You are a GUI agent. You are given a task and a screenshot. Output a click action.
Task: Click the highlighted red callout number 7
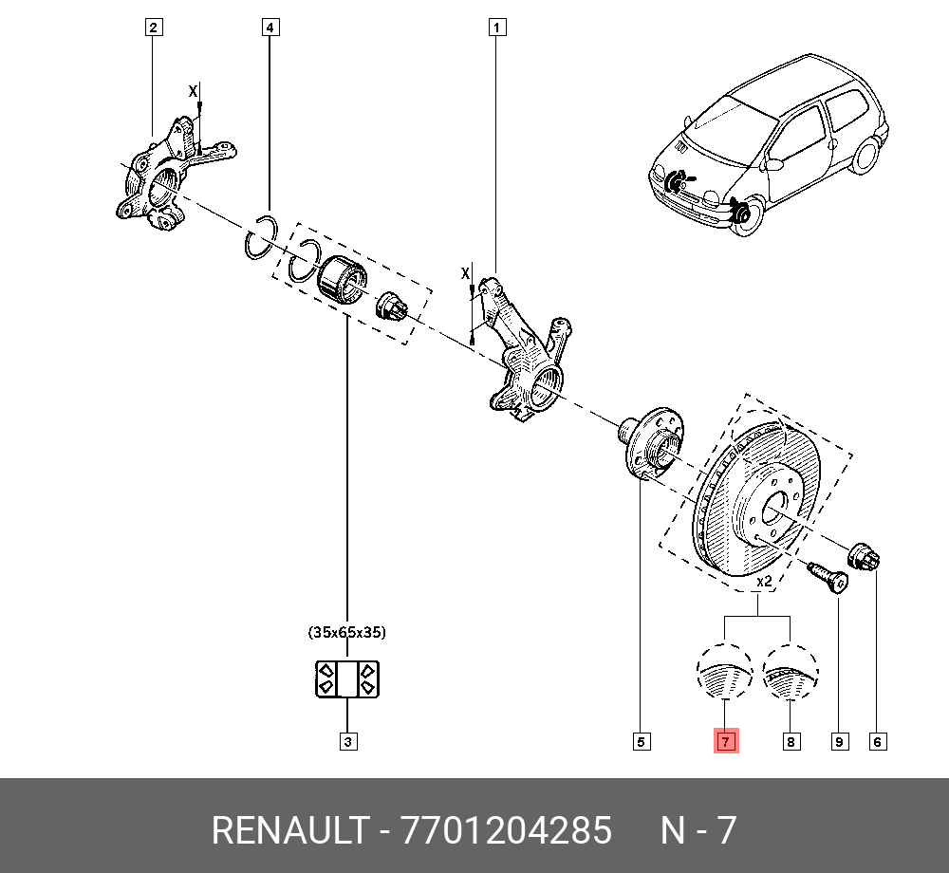click(x=725, y=741)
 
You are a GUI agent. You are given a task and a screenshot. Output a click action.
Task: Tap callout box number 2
click(x=153, y=28)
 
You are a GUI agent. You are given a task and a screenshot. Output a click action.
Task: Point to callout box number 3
click(x=347, y=741)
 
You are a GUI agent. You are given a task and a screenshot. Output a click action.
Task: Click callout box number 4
click(x=270, y=28)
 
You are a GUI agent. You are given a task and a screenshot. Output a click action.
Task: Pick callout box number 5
click(x=642, y=741)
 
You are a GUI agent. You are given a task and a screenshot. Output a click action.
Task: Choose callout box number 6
click(x=878, y=741)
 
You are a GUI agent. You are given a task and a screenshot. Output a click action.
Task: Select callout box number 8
click(x=791, y=741)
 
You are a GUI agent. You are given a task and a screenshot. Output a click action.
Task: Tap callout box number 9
click(x=839, y=741)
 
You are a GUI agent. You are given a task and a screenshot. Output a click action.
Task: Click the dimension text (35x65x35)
click(x=346, y=631)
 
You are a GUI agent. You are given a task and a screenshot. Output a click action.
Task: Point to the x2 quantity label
click(x=762, y=580)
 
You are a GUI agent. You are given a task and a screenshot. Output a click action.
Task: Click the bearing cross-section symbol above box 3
click(x=346, y=678)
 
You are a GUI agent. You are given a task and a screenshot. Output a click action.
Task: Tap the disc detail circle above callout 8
click(x=791, y=673)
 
